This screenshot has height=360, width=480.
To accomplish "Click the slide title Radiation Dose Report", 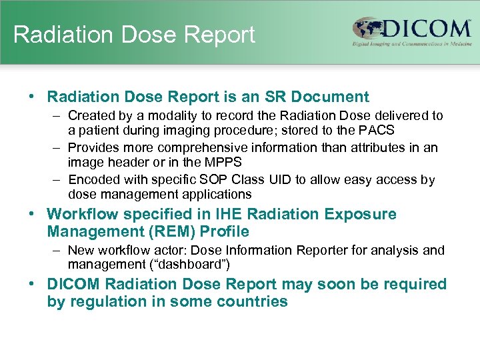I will click(x=134, y=35).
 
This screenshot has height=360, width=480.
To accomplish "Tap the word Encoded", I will click(x=93, y=180).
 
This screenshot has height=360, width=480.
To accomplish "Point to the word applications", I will click(x=217, y=194).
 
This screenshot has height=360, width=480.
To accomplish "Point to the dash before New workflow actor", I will click(x=56, y=251).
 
